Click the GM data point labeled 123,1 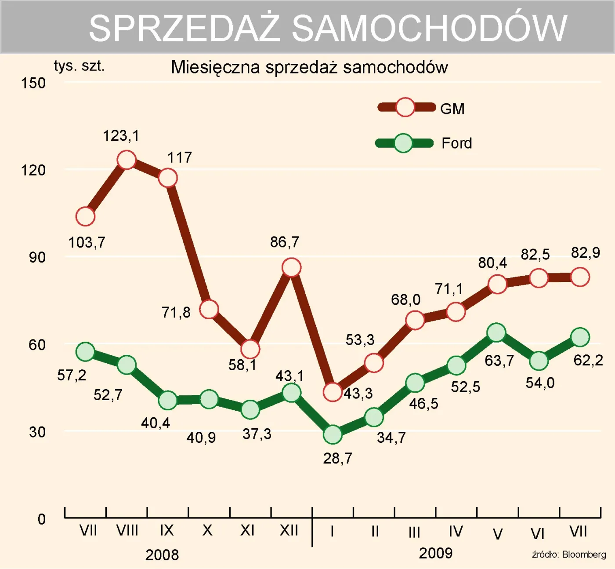(127, 160)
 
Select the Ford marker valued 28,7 (333, 434)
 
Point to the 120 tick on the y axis (33, 170)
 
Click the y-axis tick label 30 (37, 432)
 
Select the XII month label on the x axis (289, 530)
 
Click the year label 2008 (162, 555)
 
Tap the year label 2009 (435, 553)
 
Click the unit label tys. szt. (79, 66)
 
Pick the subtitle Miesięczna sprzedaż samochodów (309, 67)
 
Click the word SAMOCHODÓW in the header (429, 28)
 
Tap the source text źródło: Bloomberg (569, 554)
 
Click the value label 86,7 (284, 242)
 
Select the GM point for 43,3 (333, 392)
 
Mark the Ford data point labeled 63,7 (496, 332)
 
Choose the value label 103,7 (87, 242)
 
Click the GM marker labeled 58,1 (250, 349)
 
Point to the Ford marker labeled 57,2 (85, 352)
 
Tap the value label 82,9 (585, 252)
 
